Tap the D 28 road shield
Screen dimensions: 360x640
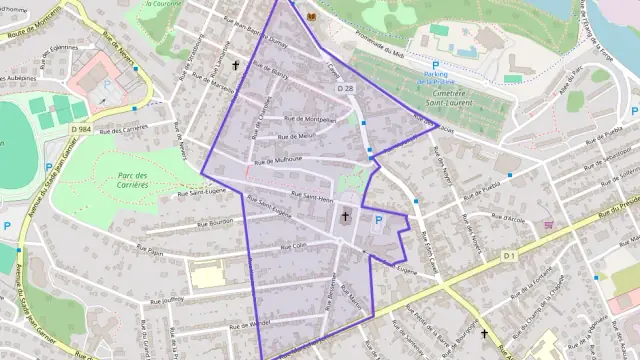pyautogui.click(x=346, y=89)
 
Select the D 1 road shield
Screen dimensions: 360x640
pyautogui.click(x=509, y=256)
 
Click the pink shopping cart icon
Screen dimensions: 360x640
pyautogui.click(x=548, y=225)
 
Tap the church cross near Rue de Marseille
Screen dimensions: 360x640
pyautogui.click(x=237, y=66)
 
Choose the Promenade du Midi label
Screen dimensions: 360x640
pyautogui.click(x=379, y=48)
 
